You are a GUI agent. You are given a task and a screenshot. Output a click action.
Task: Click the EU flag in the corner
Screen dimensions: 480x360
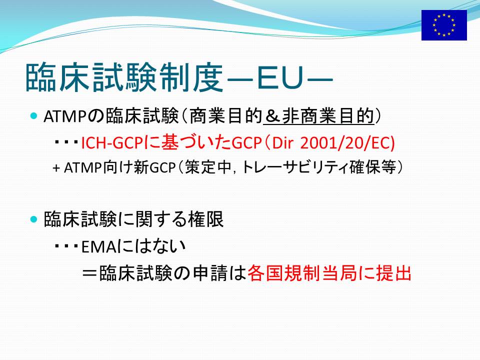(x=444, y=25)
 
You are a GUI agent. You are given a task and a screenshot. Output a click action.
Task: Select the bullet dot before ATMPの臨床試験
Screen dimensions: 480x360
(x=34, y=116)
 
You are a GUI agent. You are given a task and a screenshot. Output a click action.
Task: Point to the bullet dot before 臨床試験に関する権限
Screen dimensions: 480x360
(x=34, y=219)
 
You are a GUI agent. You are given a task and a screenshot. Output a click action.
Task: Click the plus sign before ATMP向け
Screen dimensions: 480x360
(x=56, y=168)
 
